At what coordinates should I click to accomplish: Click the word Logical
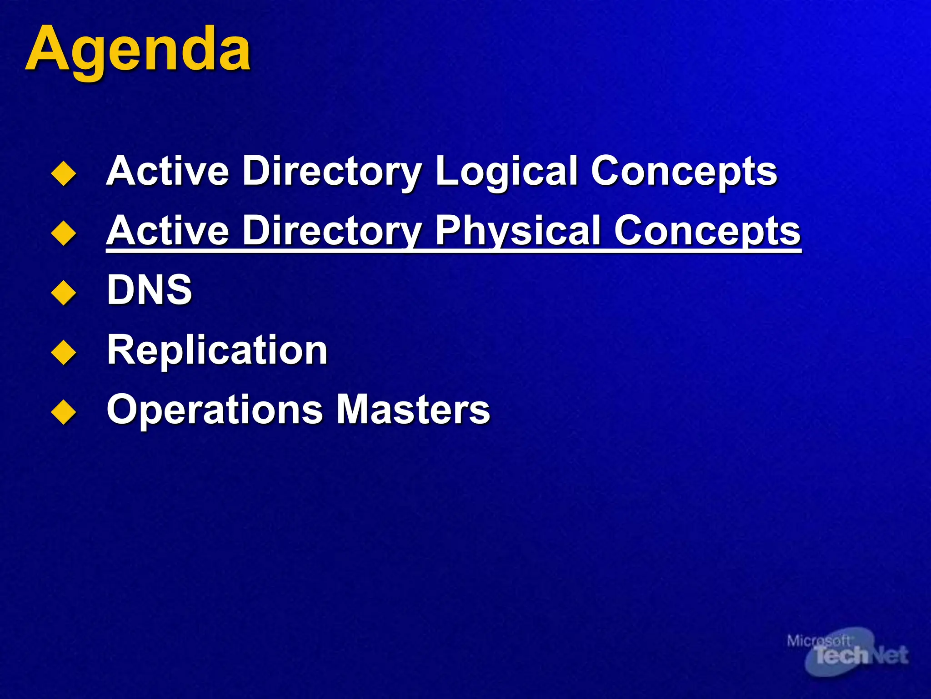[x=506, y=172]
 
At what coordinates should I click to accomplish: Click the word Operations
[x=215, y=410]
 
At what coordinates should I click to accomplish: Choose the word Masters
[x=413, y=409]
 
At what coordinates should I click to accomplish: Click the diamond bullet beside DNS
[x=64, y=292]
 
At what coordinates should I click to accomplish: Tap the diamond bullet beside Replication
[x=64, y=352]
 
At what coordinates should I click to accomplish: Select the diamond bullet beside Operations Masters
[x=64, y=412]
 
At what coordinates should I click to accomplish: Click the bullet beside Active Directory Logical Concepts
[x=64, y=173]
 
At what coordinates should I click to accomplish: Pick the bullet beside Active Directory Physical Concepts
[x=64, y=233]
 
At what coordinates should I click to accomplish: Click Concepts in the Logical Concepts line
[x=684, y=172]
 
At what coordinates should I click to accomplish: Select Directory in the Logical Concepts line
[x=332, y=172]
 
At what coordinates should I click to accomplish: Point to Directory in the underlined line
[x=332, y=231]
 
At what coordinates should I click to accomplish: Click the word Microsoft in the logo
[x=818, y=641]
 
